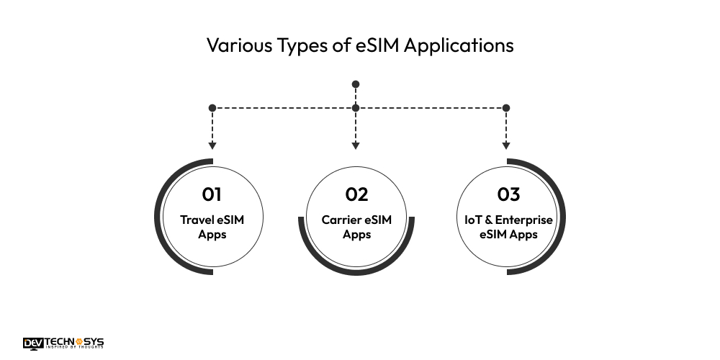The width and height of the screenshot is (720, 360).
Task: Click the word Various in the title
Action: coord(239,45)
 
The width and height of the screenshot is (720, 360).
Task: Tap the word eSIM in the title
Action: coord(379,45)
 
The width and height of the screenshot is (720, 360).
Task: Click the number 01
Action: coord(212,194)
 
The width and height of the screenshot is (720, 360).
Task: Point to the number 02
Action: coord(356,194)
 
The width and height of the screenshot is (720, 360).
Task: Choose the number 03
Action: coord(508,194)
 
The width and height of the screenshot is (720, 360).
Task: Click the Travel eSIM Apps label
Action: coord(212,227)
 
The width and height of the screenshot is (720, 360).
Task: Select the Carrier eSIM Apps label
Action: coord(356,227)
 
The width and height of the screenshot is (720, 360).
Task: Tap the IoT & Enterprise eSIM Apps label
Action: coord(508,227)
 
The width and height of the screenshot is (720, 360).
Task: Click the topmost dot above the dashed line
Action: coord(356,84)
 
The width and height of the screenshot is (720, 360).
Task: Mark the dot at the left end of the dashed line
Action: coord(212,108)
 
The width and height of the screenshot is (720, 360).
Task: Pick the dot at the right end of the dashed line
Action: coord(506,108)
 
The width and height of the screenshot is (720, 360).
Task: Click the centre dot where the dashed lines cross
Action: coord(356,108)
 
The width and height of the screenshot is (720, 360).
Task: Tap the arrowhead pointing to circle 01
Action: coord(212,146)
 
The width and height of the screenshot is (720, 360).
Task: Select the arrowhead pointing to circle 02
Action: coord(356,146)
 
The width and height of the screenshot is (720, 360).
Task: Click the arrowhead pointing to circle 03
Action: coord(506,146)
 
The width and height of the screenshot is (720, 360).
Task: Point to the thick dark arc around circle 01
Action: coord(157,217)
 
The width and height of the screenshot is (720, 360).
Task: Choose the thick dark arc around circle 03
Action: coord(563,217)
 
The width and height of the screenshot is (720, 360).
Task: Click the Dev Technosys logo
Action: coord(63,343)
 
